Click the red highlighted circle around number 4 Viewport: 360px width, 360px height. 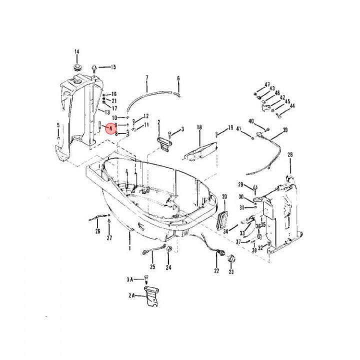pos(110,128)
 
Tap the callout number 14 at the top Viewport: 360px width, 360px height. pos(77,52)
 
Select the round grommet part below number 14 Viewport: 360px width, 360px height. pos(77,66)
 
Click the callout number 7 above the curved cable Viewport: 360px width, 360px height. pos(147,77)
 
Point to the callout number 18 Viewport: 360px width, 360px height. pos(199,128)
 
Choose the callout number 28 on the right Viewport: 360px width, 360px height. pos(290,155)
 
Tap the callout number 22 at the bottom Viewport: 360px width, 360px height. pos(216,270)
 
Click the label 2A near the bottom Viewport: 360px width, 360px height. pos(131,296)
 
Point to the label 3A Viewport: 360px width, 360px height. pos(130,279)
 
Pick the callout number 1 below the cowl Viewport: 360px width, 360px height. pos(129,247)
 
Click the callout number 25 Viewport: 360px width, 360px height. pos(153,267)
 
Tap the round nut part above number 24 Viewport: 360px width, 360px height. pos(168,249)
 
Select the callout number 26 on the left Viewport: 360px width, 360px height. pos(97,231)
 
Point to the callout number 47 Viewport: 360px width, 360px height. pos(267,84)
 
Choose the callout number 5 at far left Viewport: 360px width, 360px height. pos(58,125)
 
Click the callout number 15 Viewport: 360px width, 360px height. pos(113,67)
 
